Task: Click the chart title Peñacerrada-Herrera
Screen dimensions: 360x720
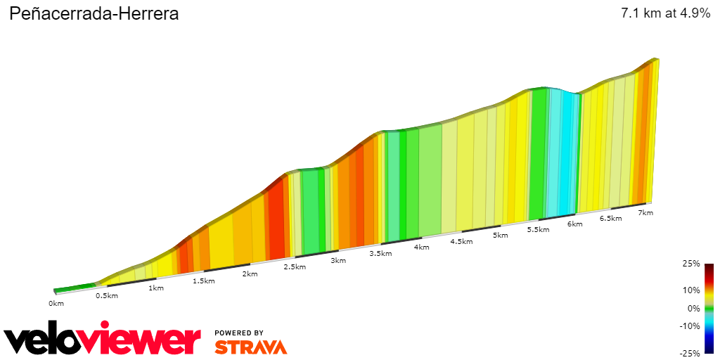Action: [x=94, y=14]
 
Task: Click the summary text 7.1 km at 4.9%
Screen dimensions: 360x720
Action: [x=665, y=14]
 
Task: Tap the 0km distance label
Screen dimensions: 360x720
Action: [x=56, y=304]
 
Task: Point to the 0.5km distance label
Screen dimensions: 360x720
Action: [x=106, y=295]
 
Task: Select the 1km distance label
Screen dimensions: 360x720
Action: [x=155, y=288]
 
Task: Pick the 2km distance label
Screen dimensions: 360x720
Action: [x=250, y=274]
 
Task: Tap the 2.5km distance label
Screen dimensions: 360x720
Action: [x=294, y=266]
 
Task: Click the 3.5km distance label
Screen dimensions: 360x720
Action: [x=380, y=253]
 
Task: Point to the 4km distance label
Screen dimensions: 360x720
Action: [x=422, y=247]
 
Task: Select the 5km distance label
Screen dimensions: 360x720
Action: [x=501, y=235]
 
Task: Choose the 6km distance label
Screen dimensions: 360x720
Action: [x=575, y=224]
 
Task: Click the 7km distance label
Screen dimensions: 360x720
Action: [x=645, y=213]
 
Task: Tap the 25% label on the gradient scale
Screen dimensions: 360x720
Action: [x=692, y=264]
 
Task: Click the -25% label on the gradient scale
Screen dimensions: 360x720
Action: [x=690, y=354]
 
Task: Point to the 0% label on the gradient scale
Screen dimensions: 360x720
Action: [x=694, y=308]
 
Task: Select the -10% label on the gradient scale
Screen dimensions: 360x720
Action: [x=690, y=326]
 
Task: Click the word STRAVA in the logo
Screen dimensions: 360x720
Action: [x=250, y=347]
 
